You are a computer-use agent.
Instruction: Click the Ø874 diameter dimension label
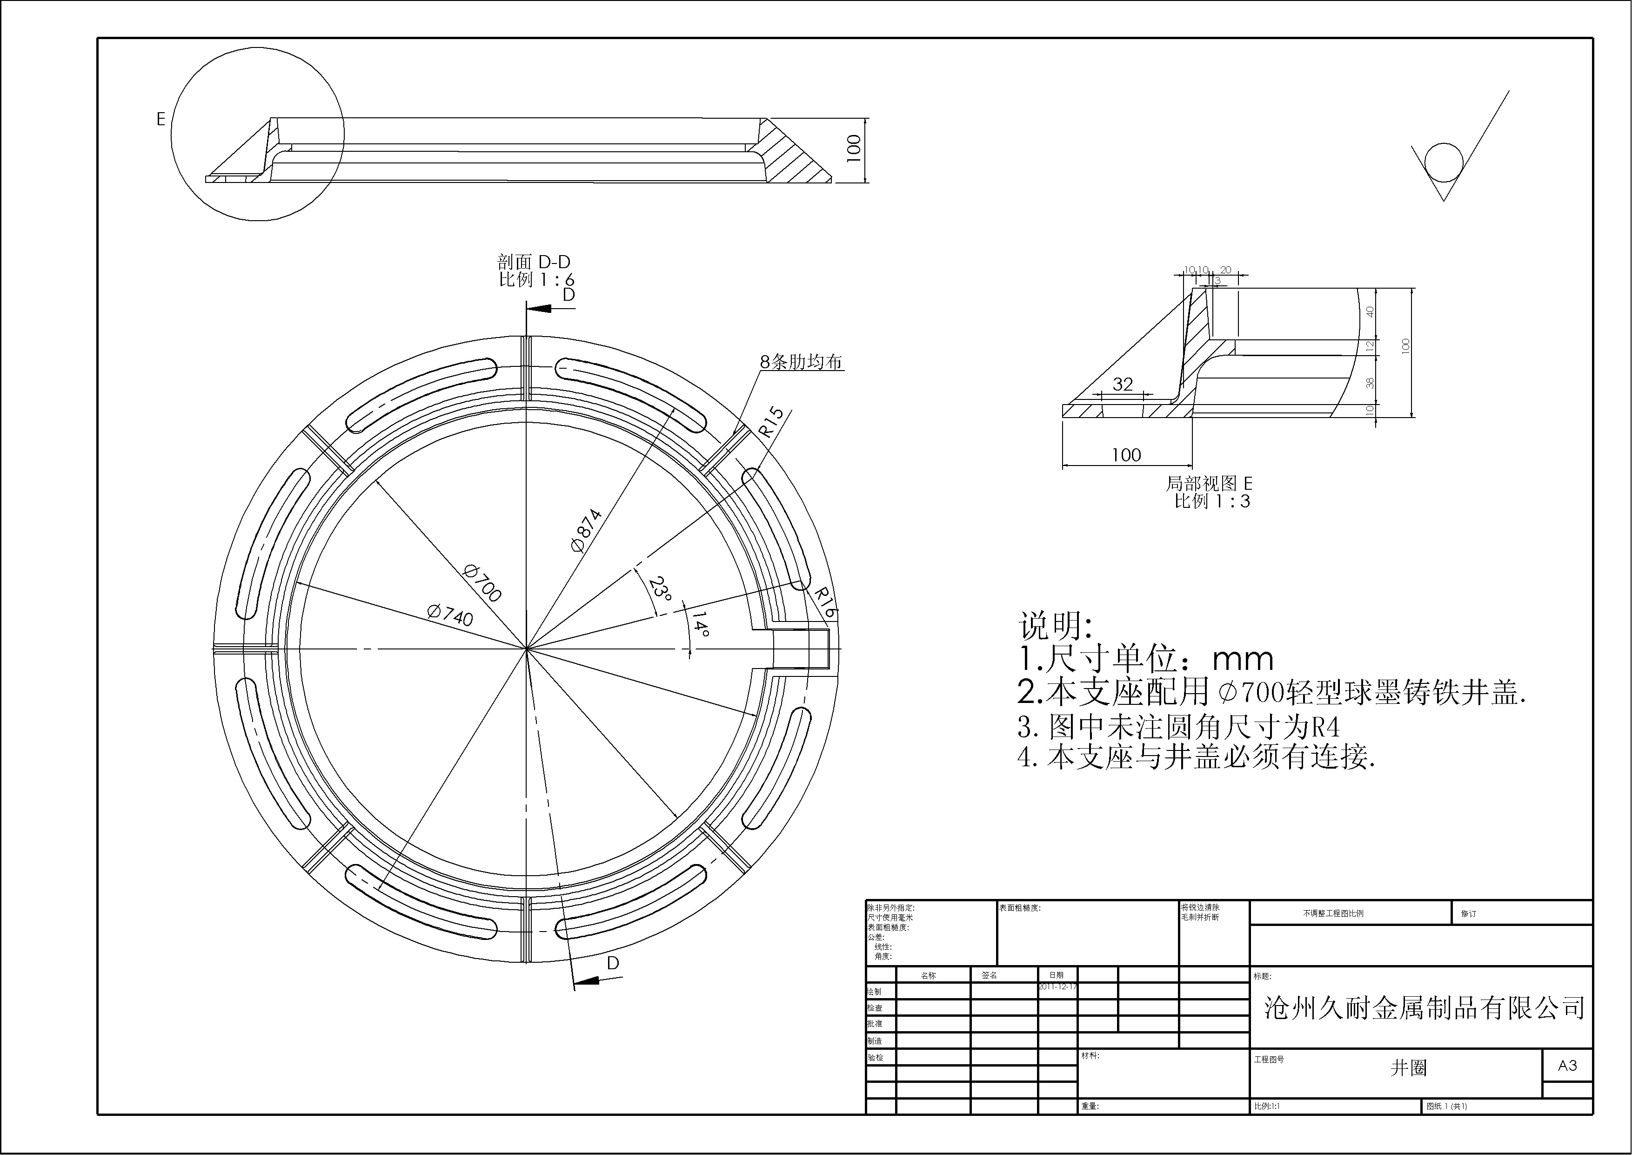(586, 531)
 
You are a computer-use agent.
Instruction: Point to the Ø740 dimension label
(450, 615)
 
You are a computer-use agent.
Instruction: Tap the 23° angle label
(660, 589)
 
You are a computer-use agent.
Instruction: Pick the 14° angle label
(699, 624)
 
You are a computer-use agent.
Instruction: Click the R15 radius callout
(771, 422)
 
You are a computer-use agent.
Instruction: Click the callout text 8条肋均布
(801, 362)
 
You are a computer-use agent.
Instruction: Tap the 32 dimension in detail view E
(1123, 384)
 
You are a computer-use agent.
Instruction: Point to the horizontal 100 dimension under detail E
(1126, 454)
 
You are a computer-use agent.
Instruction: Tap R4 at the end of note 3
(1325, 727)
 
